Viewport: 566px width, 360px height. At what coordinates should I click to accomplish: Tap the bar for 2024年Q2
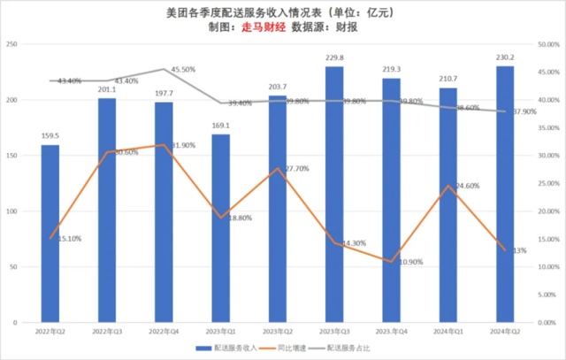[504, 195]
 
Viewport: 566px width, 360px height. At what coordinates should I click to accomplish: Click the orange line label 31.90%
[182, 145]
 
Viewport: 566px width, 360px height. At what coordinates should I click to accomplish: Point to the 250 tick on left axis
[11, 44]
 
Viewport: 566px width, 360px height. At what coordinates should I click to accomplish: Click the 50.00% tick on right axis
[547, 44]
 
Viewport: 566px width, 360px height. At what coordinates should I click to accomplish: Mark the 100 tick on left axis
[11, 212]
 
